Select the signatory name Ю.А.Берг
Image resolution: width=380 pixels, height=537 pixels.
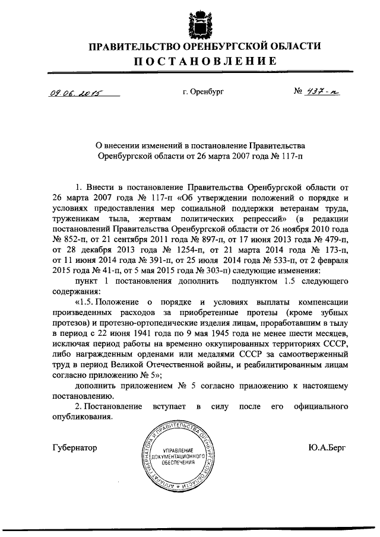327,446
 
